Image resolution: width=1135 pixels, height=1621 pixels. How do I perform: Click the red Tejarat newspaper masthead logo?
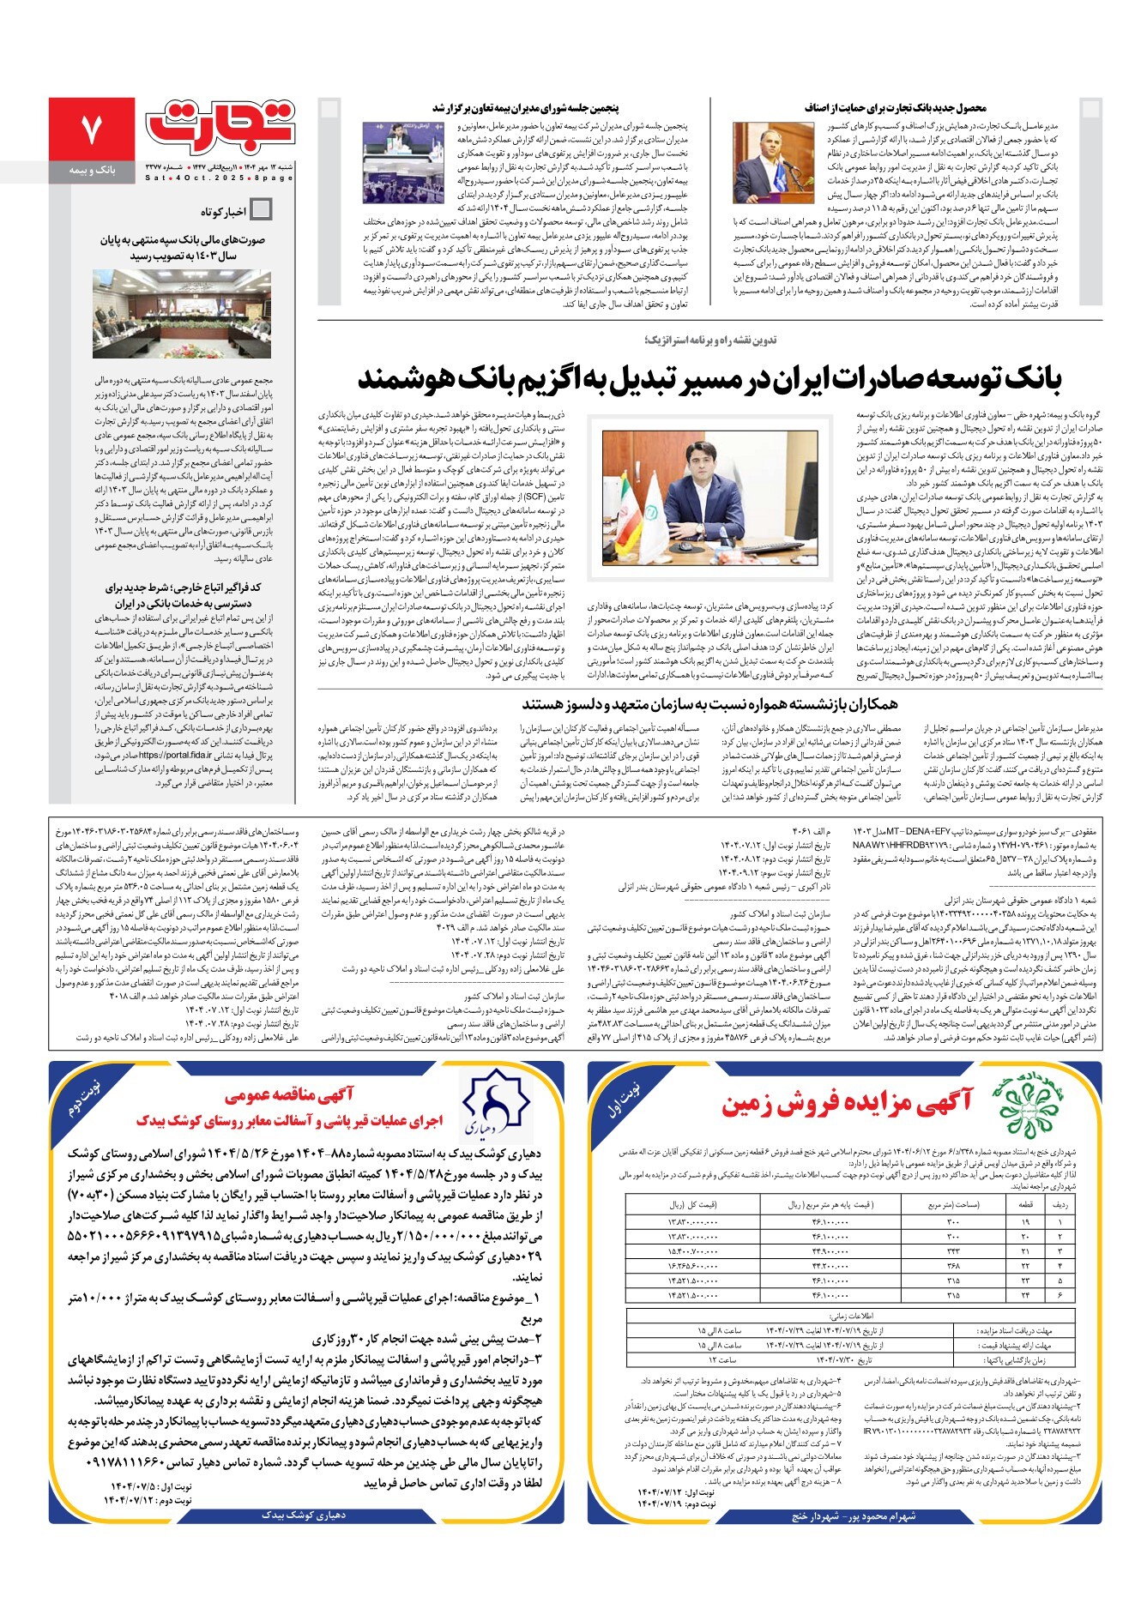point(221,124)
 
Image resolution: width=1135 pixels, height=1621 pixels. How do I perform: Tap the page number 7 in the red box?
point(92,129)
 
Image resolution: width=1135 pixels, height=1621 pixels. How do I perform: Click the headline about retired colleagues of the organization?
point(709,704)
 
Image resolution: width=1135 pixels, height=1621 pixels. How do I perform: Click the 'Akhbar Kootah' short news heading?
point(223,211)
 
